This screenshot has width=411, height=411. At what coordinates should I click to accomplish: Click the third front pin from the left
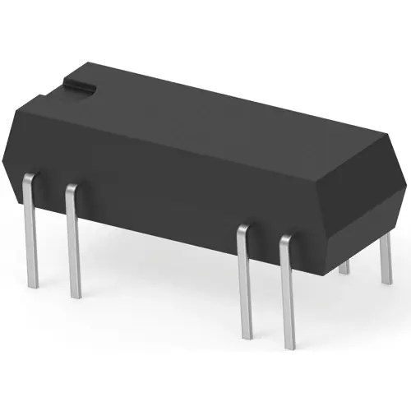[243, 279]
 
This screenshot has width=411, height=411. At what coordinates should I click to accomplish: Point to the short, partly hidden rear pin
[344, 266]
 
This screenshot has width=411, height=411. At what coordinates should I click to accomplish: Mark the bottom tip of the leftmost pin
[32, 284]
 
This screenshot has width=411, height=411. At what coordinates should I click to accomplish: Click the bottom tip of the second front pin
[76, 294]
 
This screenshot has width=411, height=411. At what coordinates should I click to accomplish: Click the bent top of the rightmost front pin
[285, 240]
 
